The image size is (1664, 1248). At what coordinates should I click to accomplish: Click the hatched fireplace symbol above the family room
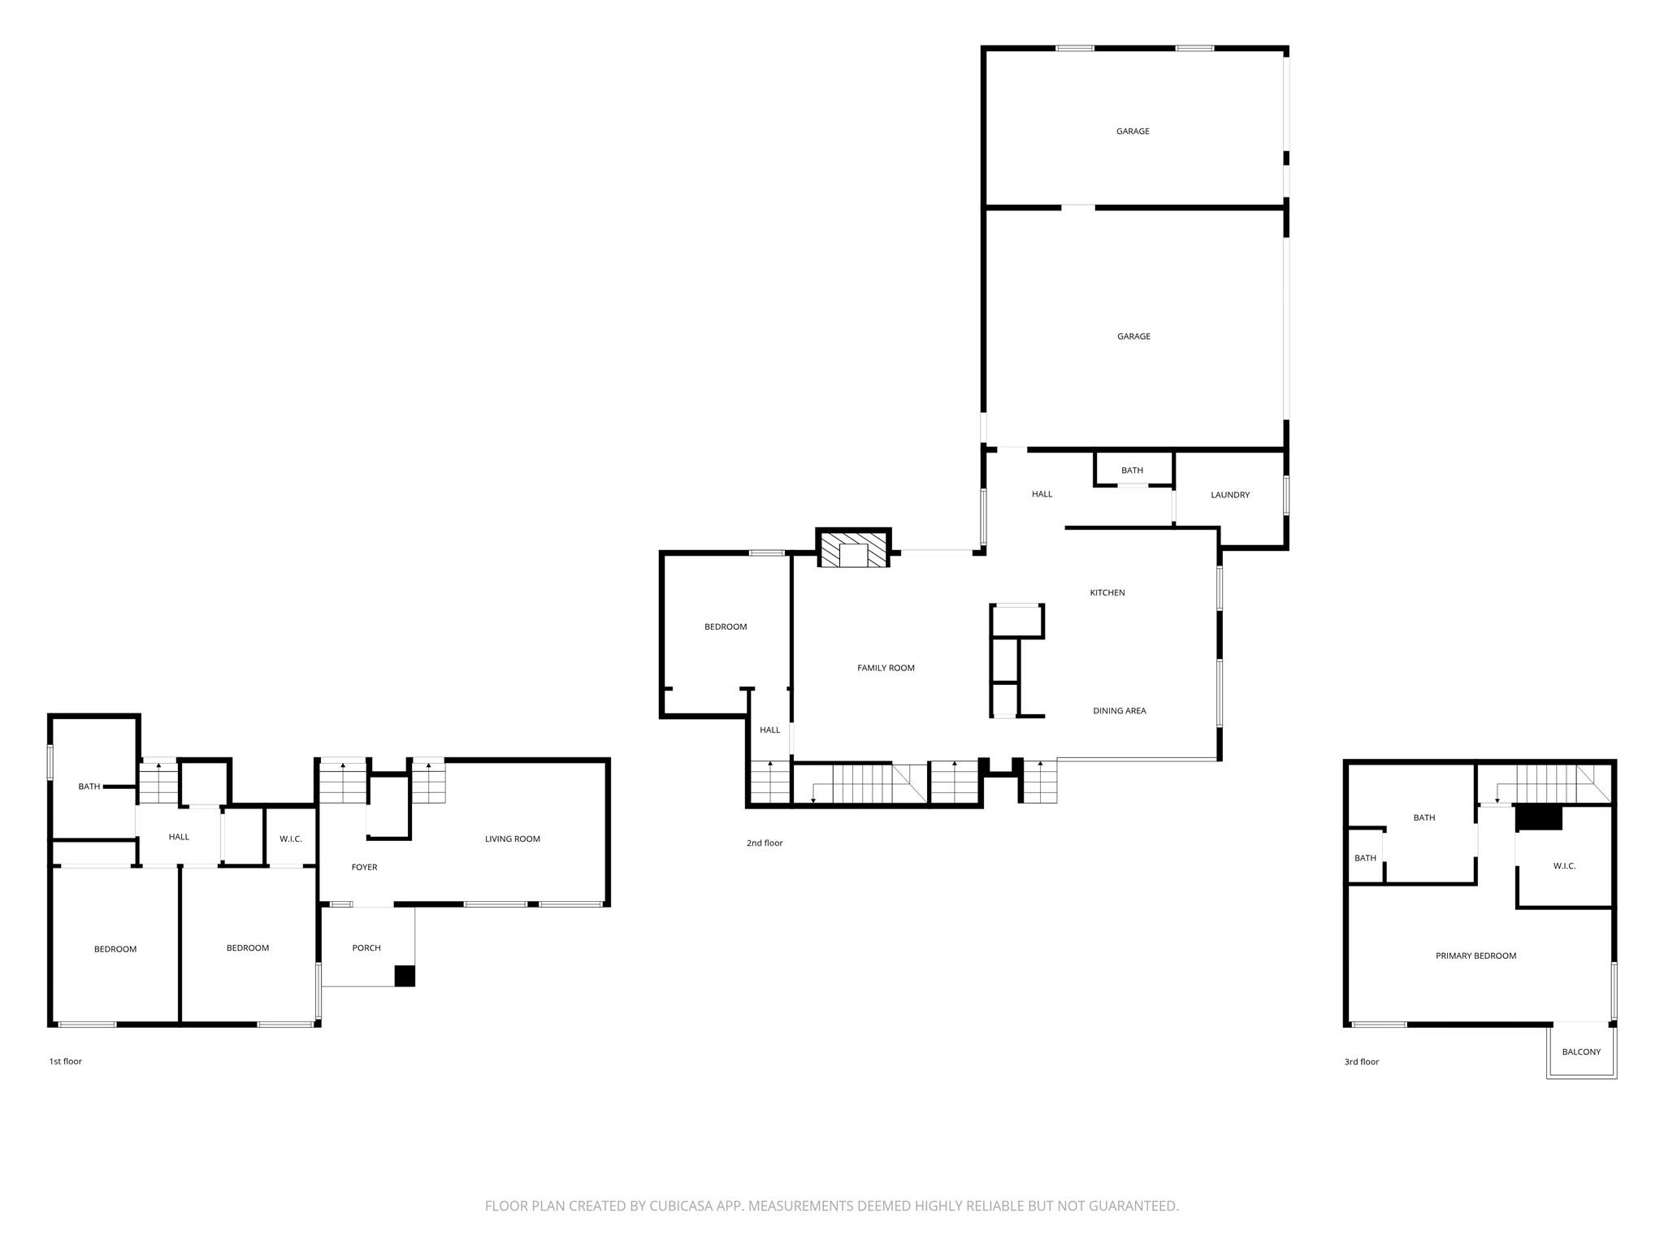853,550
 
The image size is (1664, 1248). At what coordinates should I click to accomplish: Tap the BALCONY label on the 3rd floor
1581,1051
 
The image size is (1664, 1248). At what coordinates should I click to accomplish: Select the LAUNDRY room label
1229,495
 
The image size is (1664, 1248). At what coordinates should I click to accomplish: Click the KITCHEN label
1107,592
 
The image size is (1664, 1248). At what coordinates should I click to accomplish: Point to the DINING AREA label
1119,711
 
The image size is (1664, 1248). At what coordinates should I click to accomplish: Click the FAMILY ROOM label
886,668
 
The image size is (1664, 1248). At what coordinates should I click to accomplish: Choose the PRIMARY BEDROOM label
1475,955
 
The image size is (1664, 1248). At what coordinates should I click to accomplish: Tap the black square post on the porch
405,976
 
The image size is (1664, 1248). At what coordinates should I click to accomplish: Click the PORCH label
366,947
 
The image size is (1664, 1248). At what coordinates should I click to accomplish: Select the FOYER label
364,867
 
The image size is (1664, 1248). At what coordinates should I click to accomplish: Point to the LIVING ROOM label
512,838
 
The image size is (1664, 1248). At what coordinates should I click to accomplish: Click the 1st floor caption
66,1061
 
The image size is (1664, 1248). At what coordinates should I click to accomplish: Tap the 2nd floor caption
765,843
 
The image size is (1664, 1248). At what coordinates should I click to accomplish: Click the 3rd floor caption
1362,1061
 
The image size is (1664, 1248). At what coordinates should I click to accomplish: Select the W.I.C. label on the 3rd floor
1564,866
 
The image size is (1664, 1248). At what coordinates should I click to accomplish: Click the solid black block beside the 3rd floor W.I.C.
1539,817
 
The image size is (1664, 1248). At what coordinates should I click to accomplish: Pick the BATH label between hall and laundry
1132,470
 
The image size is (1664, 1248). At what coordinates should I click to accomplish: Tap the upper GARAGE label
1133,131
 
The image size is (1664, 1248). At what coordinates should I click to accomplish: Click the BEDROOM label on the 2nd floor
725,626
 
